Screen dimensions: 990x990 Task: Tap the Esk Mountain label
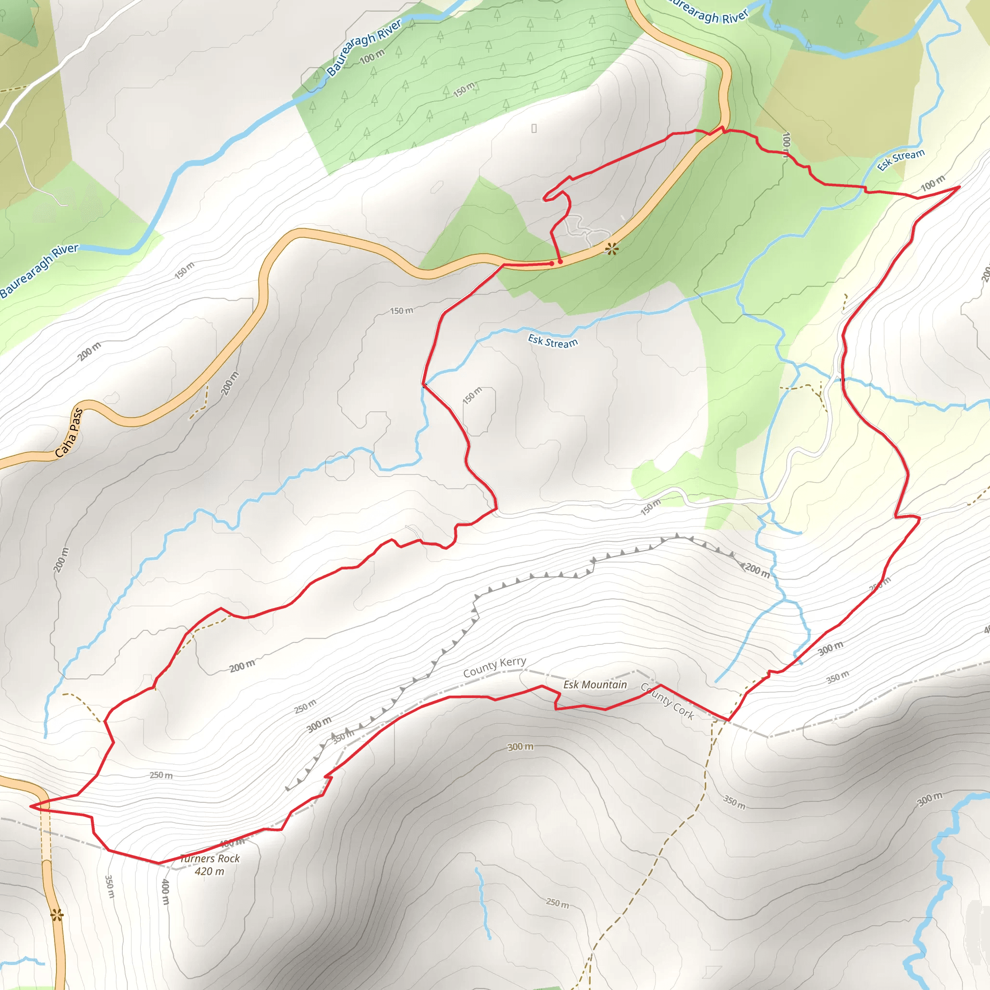595,684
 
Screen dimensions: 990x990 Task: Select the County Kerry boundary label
495,667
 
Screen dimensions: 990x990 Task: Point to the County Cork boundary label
668,701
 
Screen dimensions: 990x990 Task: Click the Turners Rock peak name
210,859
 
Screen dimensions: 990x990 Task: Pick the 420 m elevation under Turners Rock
210,871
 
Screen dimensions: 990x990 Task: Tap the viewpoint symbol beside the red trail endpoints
612,249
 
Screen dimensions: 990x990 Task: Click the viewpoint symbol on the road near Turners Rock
57,915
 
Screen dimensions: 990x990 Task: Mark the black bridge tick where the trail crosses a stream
843,379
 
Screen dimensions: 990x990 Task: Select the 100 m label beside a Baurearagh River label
372,57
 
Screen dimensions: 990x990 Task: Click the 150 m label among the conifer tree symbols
464,90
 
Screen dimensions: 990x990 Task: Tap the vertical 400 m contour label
165,891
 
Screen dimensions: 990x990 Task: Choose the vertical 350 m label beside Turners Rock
109,886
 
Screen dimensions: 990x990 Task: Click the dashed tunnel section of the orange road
45,835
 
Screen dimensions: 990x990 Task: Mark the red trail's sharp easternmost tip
959,187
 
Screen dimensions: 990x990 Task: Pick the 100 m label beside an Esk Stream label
932,183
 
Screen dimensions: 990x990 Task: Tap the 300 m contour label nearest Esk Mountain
520,747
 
